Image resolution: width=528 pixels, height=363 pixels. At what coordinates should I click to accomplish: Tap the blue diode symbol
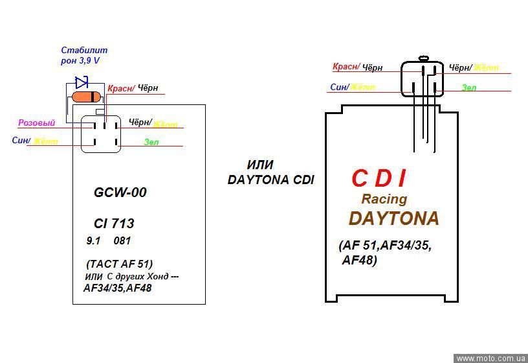[82, 82]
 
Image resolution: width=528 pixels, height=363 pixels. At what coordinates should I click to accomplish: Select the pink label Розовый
[36, 123]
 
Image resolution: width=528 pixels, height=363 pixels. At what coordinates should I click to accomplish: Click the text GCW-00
[120, 193]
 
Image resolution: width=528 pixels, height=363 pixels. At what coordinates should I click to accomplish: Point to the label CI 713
[114, 224]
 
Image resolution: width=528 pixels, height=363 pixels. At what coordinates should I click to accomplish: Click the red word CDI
[380, 178]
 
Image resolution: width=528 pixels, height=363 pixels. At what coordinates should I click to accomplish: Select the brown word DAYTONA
[393, 218]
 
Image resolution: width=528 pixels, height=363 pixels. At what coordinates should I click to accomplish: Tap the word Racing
[384, 198]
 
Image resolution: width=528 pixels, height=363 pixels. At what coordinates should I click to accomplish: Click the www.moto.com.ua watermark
[490, 358]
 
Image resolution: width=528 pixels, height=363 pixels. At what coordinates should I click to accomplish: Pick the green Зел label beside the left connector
[151, 141]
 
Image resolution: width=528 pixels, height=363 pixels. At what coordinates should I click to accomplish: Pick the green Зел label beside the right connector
[469, 87]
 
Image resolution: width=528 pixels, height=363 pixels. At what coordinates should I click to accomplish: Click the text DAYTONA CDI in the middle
[270, 180]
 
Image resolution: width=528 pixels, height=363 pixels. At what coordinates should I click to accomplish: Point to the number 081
[122, 241]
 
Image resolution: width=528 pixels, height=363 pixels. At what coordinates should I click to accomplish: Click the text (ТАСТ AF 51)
[119, 264]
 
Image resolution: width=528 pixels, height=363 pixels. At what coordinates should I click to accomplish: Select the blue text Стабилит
[84, 50]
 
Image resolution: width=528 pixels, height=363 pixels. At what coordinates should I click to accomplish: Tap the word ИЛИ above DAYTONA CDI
[260, 165]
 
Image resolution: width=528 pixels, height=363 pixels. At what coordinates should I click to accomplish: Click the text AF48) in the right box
[359, 261]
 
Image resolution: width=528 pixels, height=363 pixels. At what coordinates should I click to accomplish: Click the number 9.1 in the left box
[93, 241]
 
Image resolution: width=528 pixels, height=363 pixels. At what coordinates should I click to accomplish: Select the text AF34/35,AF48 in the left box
[118, 288]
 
